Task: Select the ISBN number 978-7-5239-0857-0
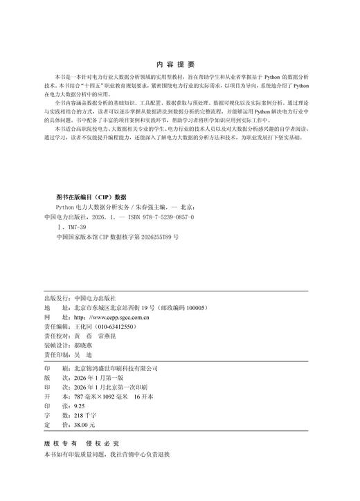[x=172, y=217]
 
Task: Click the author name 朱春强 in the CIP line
[x=146, y=207]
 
